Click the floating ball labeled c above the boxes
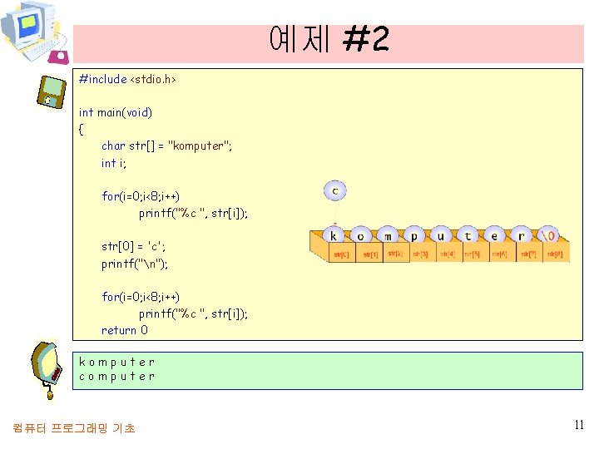pos(334,191)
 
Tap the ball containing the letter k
pos(334,235)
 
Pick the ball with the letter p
pos(413,235)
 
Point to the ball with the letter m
pos(387,235)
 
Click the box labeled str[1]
pos(370,254)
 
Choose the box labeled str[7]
pos(528,254)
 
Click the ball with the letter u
pos(441,235)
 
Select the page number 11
pos(579,425)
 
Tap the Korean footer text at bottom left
pos(74,427)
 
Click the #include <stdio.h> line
pos(127,79)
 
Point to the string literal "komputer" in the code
pos(200,146)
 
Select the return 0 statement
pos(125,330)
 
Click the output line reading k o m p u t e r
pos(116,362)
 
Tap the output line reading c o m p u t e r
pos(116,376)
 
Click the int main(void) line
pos(116,111)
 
